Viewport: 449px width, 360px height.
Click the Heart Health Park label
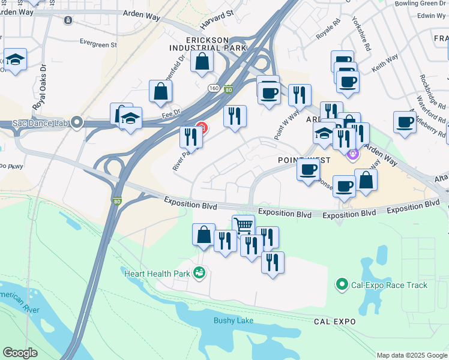pos(157,274)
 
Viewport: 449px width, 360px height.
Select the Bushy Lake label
pos(234,320)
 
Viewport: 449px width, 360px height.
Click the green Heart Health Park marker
pos(199,274)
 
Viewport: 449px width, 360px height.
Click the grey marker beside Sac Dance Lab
pos(76,123)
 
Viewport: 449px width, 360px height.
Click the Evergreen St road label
pos(98,44)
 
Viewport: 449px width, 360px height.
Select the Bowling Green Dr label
pos(421,4)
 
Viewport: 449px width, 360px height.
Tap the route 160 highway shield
pos(214,88)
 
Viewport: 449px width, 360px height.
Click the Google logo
pos(20,353)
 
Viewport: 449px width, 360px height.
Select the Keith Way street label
pos(384,65)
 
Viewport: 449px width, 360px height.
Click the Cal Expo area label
pos(335,322)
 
